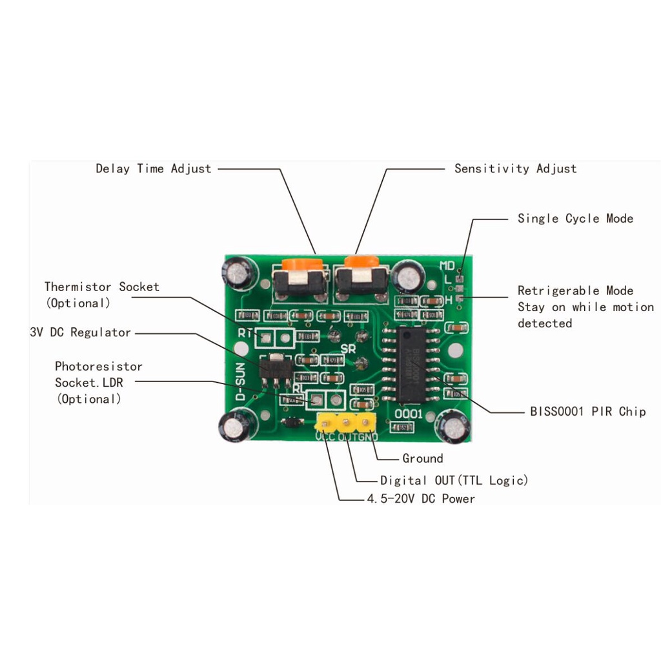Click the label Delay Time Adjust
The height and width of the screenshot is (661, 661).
point(154,169)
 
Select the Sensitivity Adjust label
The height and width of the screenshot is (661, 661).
point(515,169)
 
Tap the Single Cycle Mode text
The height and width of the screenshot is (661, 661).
point(575,219)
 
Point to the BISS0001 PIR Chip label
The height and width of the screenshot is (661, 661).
point(587,412)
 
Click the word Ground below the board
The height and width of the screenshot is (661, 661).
point(422,459)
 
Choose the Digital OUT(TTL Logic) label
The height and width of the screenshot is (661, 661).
point(454,480)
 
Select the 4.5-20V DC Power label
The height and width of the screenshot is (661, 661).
point(421,499)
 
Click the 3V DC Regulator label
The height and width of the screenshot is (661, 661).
point(81,333)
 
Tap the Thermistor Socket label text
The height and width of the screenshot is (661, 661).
point(102,287)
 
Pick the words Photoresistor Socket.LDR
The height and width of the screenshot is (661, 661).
point(98,374)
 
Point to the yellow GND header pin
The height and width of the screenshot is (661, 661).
point(366,423)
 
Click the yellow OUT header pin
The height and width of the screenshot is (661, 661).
point(345,423)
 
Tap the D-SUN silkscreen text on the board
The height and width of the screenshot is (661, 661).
point(241,381)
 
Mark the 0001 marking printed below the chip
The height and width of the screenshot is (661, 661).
point(408,414)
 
